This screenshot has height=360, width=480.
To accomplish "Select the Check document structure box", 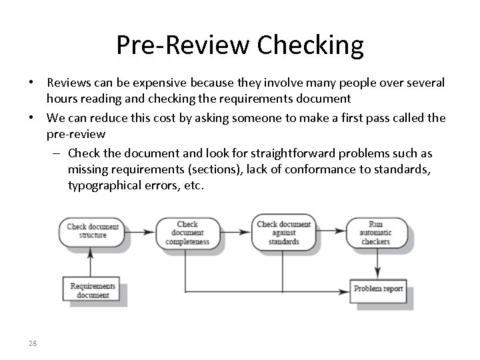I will click(93, 232).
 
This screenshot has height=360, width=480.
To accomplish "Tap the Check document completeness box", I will click(187, 233).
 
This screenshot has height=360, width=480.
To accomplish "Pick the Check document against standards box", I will click(283, 233).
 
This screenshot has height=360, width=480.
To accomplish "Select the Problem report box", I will click(379, 289).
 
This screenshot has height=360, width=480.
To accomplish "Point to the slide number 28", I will click(33, 343).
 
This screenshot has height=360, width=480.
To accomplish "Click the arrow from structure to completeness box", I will click(141, 232).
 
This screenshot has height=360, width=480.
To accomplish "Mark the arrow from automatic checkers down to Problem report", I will click(379, 263).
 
